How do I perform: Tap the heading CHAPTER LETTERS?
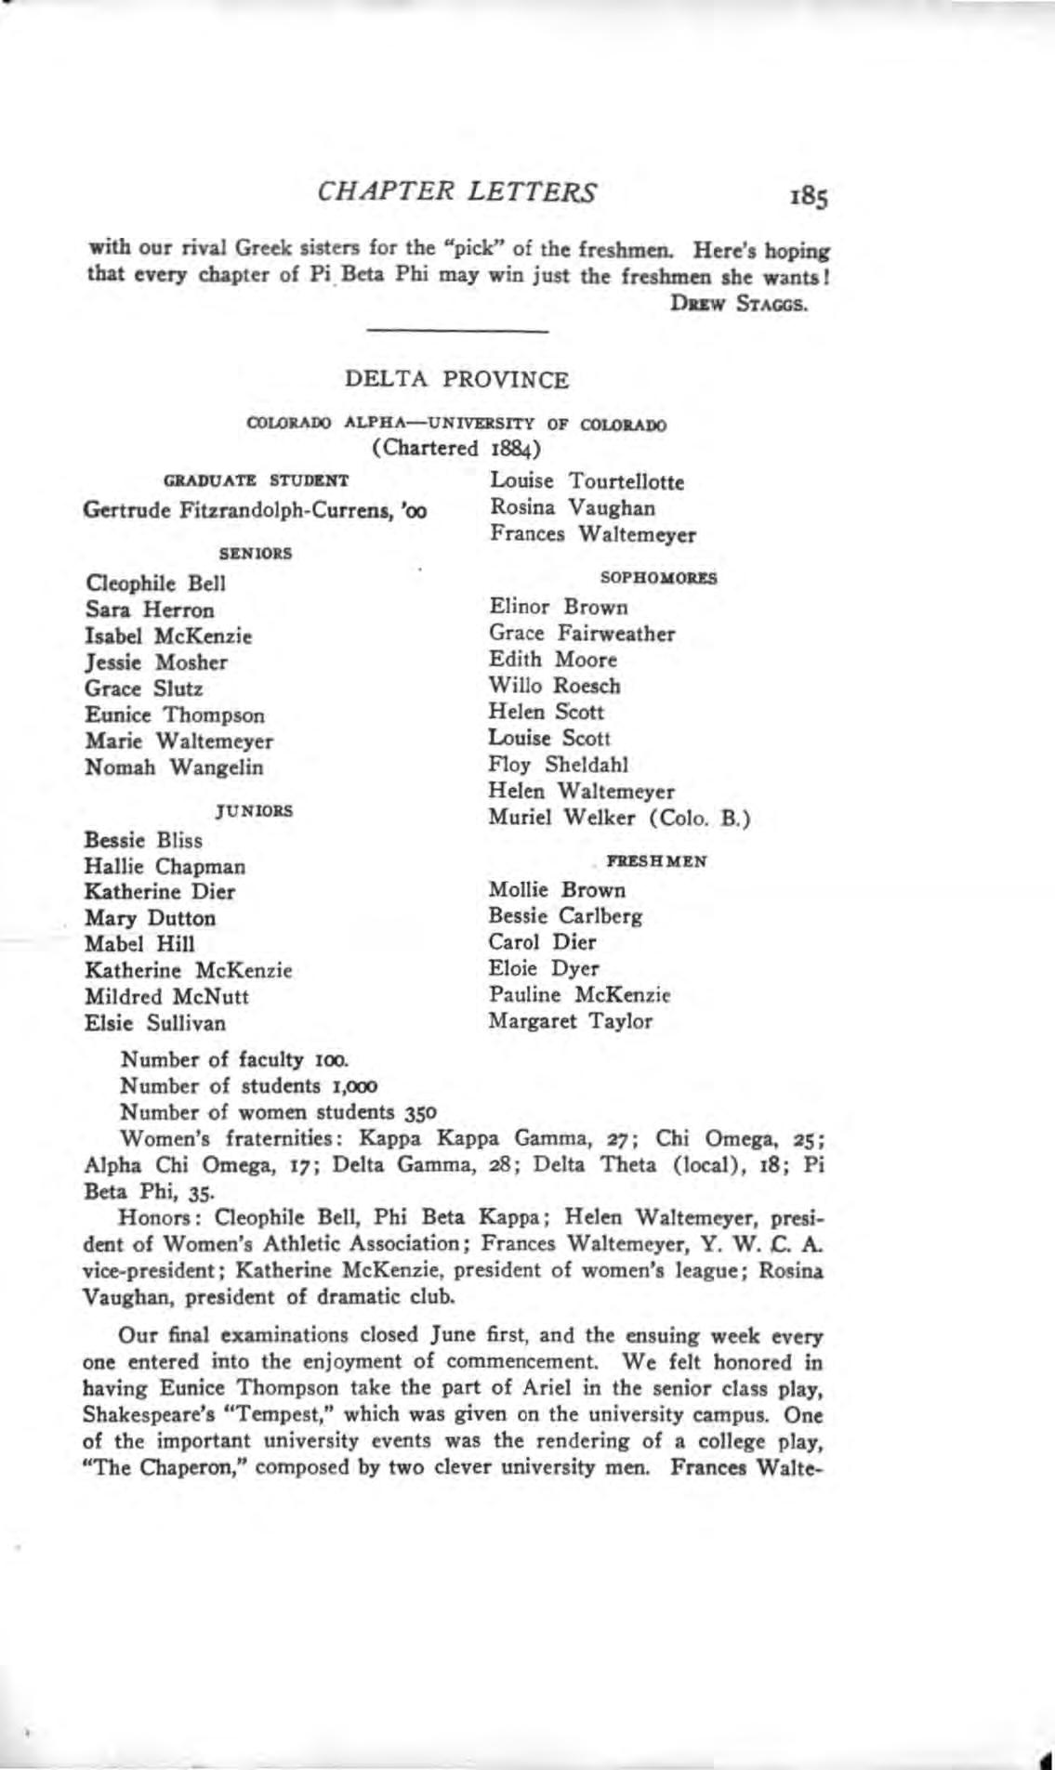457,192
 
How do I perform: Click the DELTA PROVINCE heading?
456,380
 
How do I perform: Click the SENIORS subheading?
256,553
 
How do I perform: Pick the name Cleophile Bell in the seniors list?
155,584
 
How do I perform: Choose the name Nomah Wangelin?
174,767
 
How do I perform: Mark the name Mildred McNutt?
166,997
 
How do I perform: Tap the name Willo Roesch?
555,687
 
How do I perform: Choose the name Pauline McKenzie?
579,995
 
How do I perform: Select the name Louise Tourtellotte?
587,482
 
